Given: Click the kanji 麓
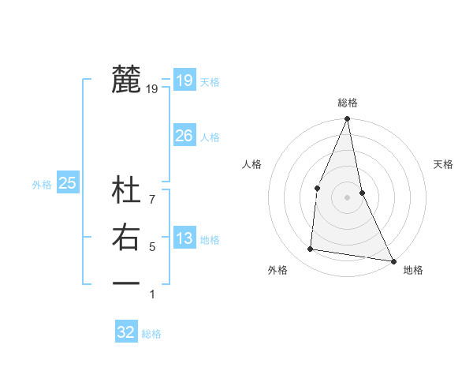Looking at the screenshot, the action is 126,80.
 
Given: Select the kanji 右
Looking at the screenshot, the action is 126,238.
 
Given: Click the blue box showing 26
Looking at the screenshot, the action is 184,136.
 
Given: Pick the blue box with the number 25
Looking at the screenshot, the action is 67,183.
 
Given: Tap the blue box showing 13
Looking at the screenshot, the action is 184,238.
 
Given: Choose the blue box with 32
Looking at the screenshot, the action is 126,332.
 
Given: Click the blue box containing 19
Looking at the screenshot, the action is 184,80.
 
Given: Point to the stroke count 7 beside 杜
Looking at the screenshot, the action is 152,190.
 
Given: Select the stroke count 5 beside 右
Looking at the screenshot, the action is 152,247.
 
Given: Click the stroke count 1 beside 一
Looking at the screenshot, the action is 152,294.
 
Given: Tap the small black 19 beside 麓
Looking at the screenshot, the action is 152,89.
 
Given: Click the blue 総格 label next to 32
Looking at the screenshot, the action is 151,334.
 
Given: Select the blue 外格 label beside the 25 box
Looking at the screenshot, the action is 42,185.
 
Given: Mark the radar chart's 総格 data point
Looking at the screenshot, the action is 347,119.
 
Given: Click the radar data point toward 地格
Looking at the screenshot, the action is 393,260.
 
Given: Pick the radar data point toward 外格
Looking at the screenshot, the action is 311,249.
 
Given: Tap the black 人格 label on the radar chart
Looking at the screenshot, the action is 251,164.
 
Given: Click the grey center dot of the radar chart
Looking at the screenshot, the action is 347,197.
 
